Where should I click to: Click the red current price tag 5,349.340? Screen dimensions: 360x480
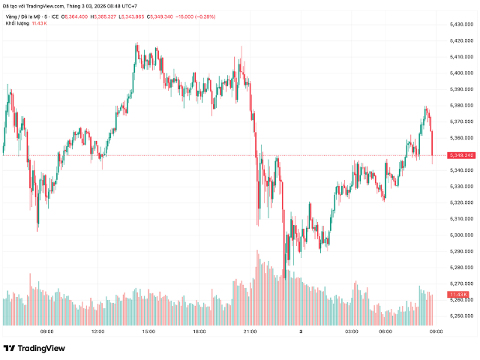460,155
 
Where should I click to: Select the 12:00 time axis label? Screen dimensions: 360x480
97,331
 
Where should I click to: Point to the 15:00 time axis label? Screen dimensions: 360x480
148,331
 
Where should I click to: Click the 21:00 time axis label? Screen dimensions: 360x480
250,331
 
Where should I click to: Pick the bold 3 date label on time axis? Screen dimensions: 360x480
301,331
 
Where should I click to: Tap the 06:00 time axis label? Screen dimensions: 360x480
385,331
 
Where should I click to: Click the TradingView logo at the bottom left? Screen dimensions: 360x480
34,348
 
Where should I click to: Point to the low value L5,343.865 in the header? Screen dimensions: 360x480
139,16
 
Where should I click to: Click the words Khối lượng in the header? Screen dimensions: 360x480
17,24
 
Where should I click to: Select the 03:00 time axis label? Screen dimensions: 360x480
351,331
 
